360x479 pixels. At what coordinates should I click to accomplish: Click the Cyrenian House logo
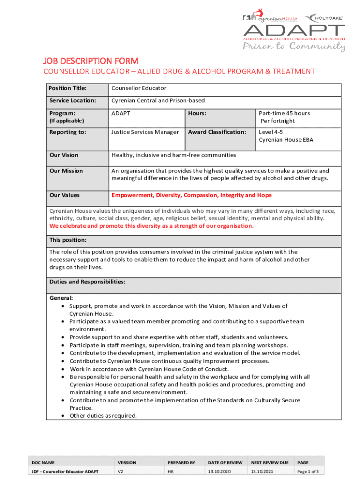[270, 18]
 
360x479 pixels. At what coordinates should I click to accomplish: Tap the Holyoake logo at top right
[324, 18]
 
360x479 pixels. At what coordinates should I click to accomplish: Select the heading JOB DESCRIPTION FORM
[91, 61]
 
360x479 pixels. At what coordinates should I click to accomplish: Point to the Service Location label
[72, 101]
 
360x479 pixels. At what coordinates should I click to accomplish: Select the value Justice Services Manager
[145, 132]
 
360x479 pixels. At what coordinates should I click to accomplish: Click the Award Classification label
[217, 132]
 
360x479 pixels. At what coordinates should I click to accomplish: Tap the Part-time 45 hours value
[284, 113]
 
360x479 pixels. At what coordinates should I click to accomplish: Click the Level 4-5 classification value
[271, 132]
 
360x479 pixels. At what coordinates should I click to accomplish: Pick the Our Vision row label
[64, 155]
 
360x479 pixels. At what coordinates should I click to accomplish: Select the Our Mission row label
[66, 171]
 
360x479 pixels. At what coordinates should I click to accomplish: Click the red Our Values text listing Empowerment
[191, 195]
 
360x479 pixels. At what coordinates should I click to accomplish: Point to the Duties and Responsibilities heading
[87, 282]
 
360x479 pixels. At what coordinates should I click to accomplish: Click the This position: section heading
[68, 240]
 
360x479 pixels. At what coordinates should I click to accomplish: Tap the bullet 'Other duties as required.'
[103, 415]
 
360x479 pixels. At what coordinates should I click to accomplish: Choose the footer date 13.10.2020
[219, 472]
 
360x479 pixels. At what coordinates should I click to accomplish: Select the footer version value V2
[120, 472]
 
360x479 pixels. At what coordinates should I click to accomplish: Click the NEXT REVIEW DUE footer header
[270, 463]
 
